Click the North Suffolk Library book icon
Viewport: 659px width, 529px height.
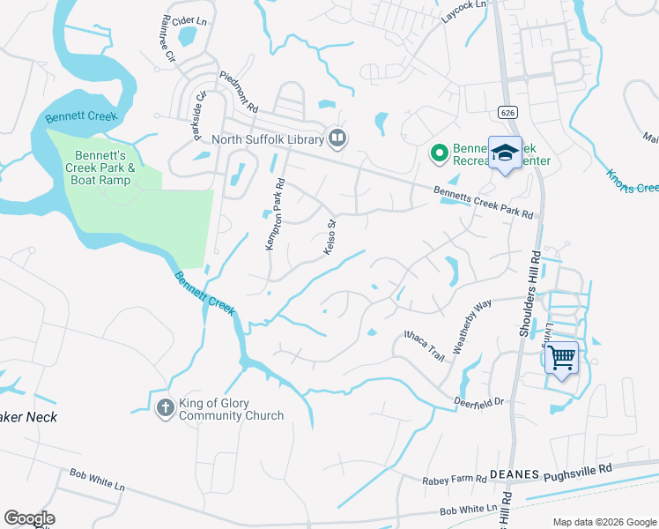[337, 138]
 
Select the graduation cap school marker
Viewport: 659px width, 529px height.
[506, 153]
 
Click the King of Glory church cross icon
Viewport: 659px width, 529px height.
[165, 407]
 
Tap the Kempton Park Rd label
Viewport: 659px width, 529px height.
[275, 215]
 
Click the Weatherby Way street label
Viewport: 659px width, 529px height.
[472, 327]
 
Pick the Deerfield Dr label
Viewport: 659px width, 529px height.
[479, 400]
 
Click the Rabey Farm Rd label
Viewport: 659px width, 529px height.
[455, 479]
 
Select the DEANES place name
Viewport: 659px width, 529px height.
[514, 474]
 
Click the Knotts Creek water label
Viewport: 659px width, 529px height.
[632, 178]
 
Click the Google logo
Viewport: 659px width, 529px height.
[29, 518]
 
